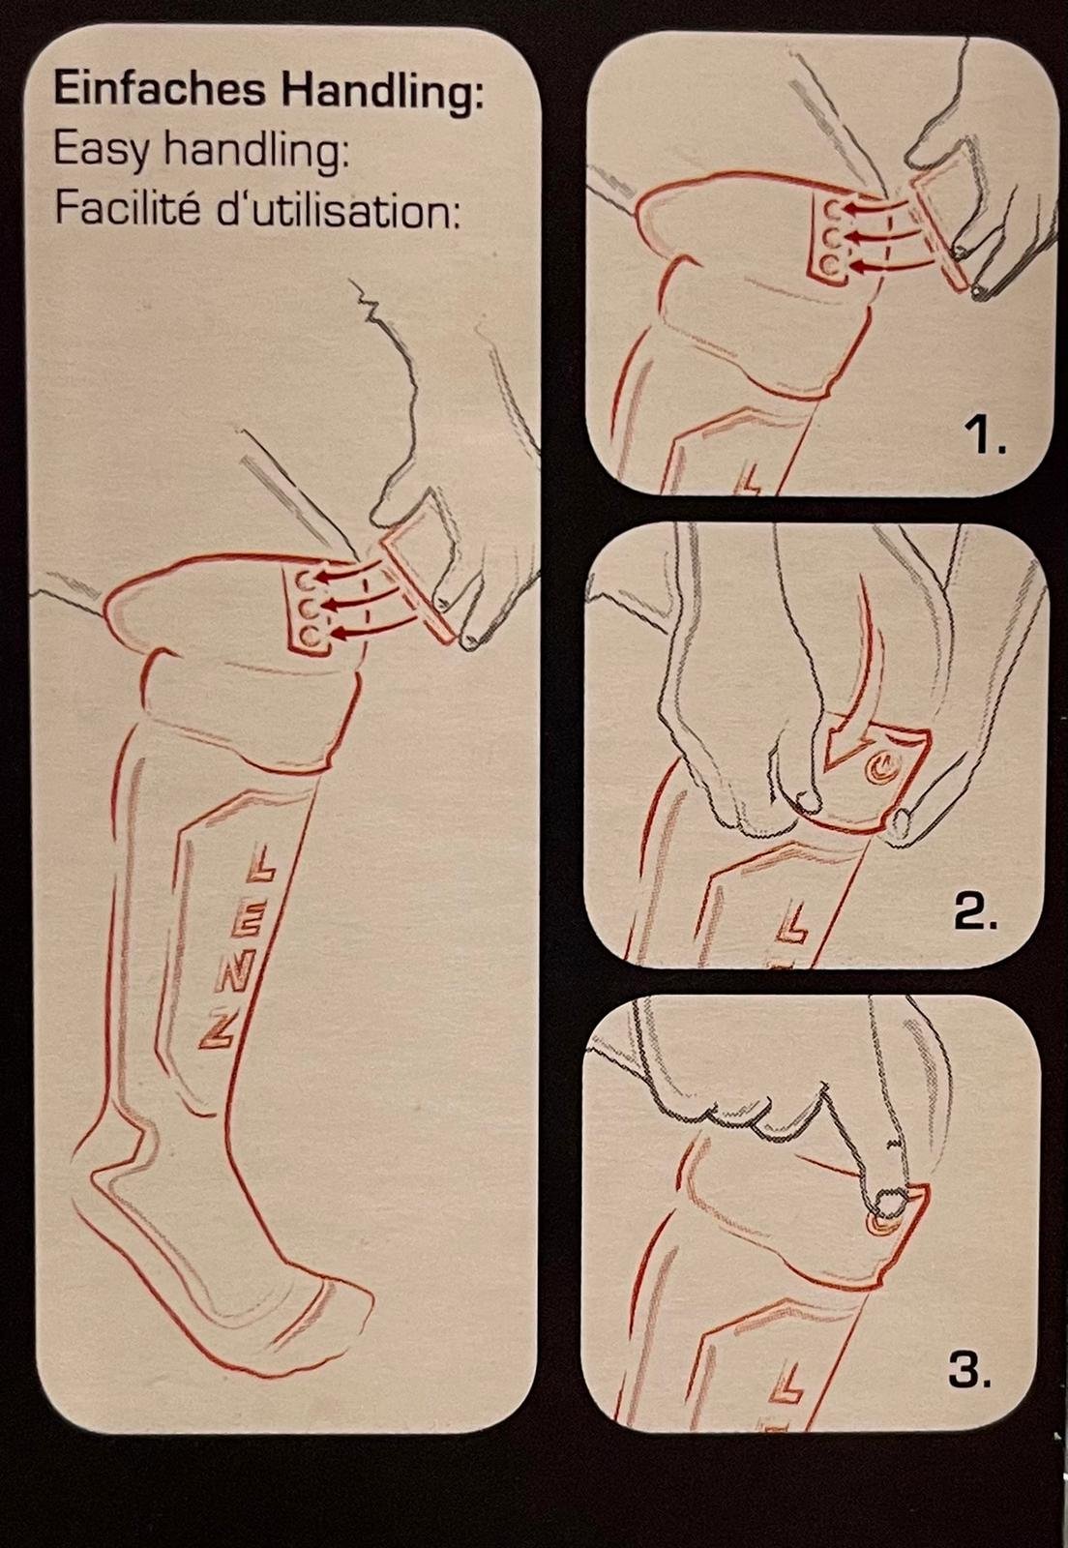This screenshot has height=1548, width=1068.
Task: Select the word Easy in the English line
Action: coord(101,151)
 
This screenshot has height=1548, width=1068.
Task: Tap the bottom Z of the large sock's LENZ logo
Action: coord(217,1034)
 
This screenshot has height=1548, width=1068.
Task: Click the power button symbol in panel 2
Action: coord(879,766)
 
